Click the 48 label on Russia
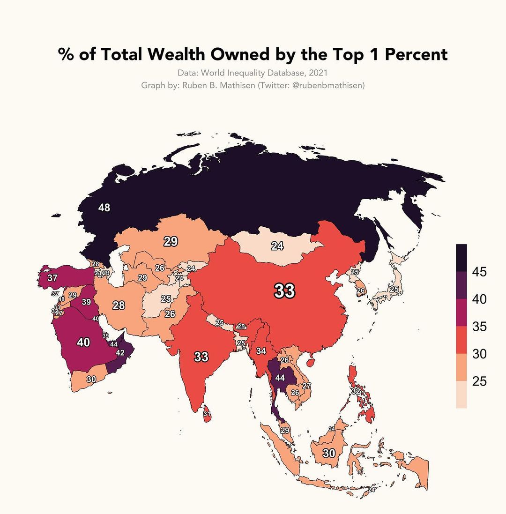pos(104,208)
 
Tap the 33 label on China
pos(284,291)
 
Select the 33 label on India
pos(201,357)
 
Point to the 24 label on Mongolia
pos(277,246)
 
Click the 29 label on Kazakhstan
pos(170,242)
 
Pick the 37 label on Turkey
pos(52,278)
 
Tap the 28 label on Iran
pos(119,305)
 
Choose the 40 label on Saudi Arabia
pos(83,343)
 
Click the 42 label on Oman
pos(120,353)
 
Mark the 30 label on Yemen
pos(91,379)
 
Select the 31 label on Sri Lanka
pos(207,414)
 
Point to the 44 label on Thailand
pos(280,378)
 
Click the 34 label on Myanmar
pos(261,350)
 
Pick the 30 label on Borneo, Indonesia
pos(329,453)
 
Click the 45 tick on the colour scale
pos(479,272)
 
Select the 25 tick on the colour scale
pos(479,381)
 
